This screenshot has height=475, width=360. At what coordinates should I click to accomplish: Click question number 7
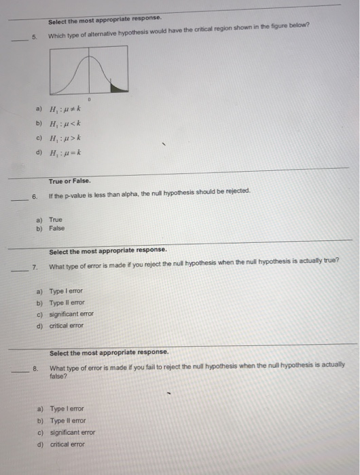(34, 267)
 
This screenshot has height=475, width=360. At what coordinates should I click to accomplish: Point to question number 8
(34, 368)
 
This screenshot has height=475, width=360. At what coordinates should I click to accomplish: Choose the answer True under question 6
(56, 220)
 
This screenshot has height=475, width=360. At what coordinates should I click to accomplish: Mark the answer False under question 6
(57, 228)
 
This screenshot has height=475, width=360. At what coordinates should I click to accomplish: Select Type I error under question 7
(66, 290)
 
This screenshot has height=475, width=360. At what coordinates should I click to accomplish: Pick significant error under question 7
(71, 313)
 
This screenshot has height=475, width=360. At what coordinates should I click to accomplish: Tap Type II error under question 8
(67, 421)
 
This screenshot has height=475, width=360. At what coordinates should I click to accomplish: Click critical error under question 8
(67, 444)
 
